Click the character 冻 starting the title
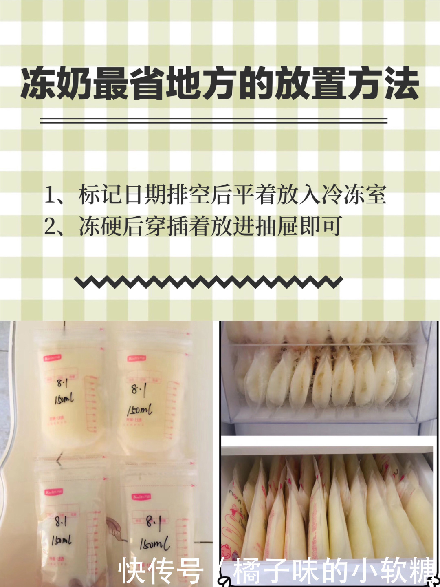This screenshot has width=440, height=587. point(38,84)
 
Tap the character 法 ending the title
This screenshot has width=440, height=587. point(401,84)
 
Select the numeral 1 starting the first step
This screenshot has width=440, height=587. point(50,195)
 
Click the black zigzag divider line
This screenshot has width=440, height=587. point(208,282)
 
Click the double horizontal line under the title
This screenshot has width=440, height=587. point(213,121)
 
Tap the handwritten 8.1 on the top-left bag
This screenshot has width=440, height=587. point(62,383)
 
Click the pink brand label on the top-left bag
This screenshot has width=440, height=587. point(52,357)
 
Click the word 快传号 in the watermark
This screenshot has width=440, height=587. point(161,571)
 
